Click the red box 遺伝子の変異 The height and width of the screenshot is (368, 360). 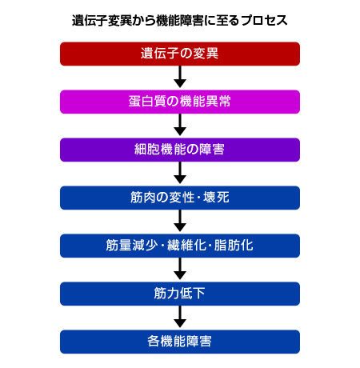180,54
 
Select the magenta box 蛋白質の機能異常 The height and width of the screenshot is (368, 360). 180,102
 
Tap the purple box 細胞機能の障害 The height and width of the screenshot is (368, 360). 180,150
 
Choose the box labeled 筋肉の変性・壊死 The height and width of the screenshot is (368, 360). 180,198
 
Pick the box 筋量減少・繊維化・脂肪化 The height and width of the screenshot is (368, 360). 180,246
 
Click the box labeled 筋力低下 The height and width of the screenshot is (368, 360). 180,294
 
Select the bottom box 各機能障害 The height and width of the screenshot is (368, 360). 180,342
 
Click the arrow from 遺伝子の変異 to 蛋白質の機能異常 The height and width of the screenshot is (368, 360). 180,78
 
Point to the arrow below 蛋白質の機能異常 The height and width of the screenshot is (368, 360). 180,126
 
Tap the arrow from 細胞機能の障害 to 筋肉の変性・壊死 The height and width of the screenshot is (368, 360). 180,174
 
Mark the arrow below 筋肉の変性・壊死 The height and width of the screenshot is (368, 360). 180,222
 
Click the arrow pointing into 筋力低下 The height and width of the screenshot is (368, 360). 180,270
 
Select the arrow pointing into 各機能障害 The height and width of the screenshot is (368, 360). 180,318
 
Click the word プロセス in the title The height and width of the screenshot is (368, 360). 262,18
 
